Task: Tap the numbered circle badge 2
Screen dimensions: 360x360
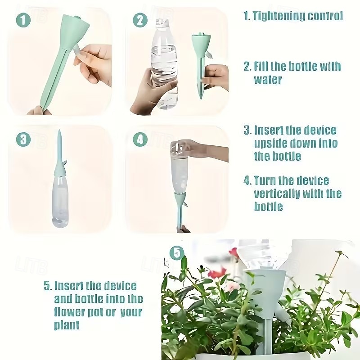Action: [x=140, y=20]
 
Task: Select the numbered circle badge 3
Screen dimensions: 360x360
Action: [x=23, y=139]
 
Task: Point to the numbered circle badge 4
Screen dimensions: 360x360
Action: [x=140, y=139]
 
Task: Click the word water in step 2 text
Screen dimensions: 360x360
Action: [x=268, y=80]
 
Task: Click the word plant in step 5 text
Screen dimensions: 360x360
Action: [x=67, y=324]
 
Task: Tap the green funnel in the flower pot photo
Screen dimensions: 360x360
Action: [x=265, y=288]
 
